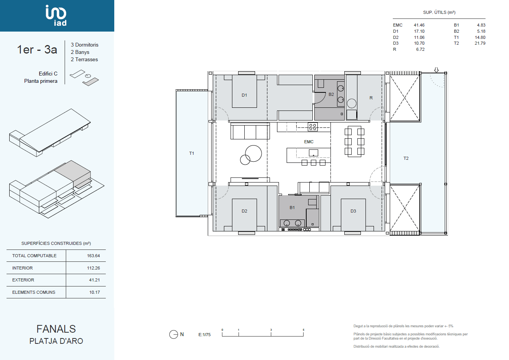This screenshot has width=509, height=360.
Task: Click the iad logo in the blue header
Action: (56, 15)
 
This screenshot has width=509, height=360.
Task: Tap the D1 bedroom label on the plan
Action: (244, 95)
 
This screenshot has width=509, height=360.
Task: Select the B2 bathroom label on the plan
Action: (331, 94)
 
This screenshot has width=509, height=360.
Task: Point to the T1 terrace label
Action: (192, 153)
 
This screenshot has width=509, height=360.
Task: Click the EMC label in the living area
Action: (309, 142)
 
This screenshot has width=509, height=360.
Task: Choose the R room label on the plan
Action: (371, 98)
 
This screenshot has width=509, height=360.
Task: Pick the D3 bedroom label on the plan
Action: (353, 211)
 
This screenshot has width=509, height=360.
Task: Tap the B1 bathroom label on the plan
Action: (292, 208)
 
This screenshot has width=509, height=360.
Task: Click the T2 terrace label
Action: (406, 158)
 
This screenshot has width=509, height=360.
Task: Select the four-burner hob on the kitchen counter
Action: (313, 127)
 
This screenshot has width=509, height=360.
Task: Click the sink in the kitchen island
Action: (313, 153)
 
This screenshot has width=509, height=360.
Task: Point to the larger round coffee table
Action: (254, 154)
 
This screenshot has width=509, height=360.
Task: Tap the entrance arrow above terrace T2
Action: (436, 70)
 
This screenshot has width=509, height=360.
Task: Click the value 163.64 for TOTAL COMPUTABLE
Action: (93, 256)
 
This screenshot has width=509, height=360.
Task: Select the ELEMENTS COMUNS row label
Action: (33, 292)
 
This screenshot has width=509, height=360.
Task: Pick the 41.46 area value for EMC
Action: (419, 25)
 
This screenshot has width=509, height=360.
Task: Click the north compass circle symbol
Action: (174, 335)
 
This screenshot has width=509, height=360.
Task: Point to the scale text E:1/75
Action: (205, 335)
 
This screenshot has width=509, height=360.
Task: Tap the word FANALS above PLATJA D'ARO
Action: (56, 329)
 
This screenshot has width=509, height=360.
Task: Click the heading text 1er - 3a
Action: (37, 50)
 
